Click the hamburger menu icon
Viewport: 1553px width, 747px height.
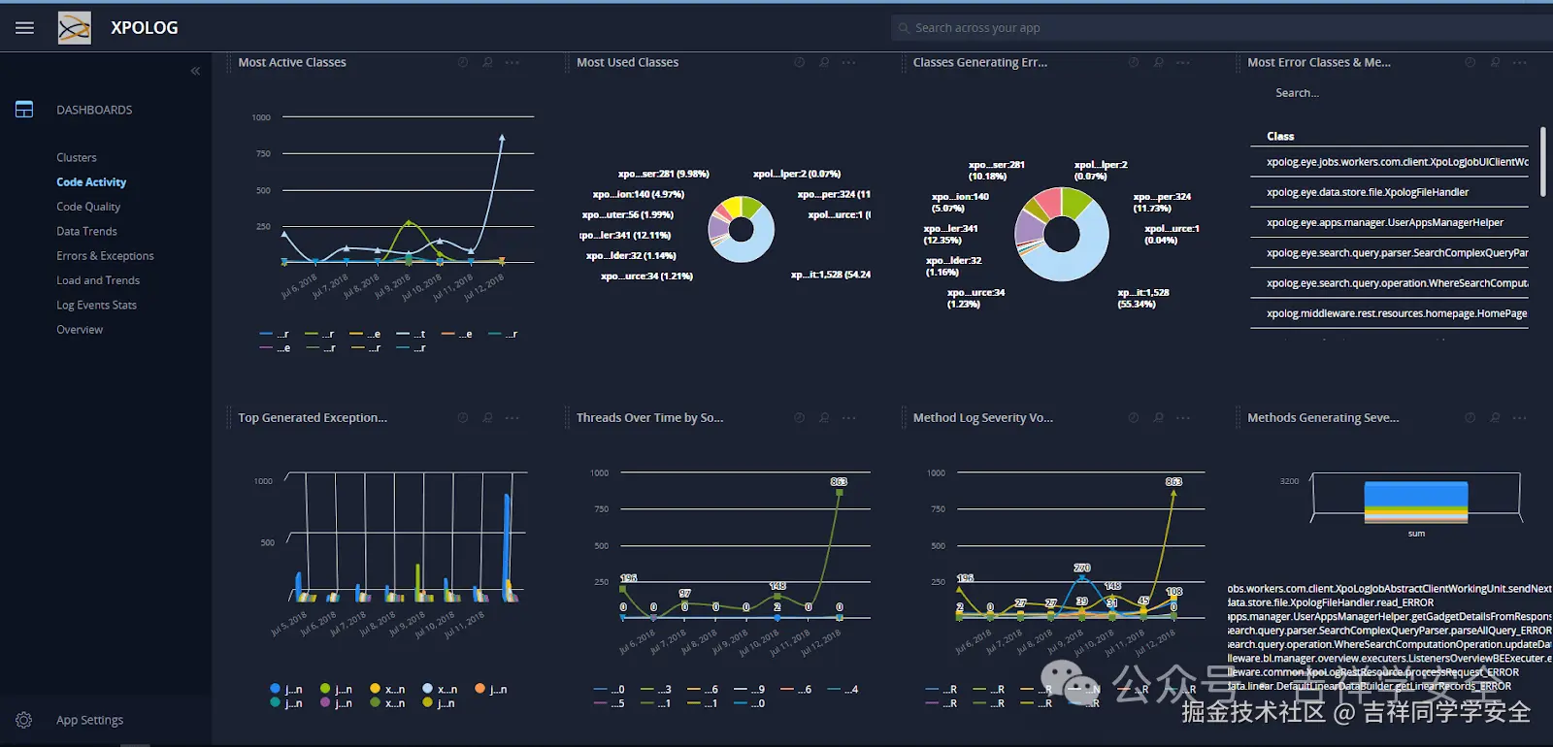point(24,28)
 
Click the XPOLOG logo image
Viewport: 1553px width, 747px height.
point(75,28)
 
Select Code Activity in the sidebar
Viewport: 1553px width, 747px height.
point(91,182)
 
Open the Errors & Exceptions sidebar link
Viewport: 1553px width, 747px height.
point(105,256)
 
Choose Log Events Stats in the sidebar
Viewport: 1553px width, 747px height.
point(96,305)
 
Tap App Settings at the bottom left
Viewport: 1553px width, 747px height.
point(89,720)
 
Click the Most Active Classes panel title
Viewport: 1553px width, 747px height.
point(292,62)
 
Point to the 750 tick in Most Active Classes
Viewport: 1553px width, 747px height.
point(263,154)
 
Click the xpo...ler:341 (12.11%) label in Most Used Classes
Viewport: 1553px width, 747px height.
point(626,236)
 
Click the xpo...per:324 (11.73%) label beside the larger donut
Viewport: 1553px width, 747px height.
point(1162,202)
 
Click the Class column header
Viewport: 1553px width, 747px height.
point(1280,137)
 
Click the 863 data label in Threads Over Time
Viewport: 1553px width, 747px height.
point(839,482)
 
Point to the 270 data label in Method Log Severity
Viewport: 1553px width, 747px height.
point(1082,568)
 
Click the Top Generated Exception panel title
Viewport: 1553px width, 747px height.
point(313,418)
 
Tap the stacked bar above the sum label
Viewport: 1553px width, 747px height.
point(1416,502)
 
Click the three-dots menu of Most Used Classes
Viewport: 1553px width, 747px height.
point(849,63)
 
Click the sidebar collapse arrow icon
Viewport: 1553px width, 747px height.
point(195,71)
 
